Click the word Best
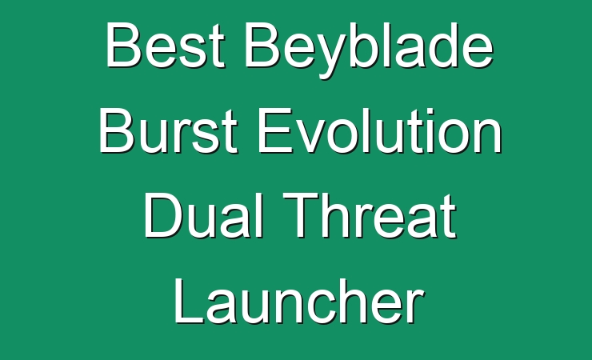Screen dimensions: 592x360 [x=166, y=45]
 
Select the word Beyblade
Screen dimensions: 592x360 [x=369, y=50]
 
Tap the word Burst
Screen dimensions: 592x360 [x=168, y=130]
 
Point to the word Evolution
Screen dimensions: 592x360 [x=379, y=130]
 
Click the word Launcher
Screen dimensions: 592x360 [x=298, y=301]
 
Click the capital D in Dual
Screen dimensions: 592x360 [x=162, y=215]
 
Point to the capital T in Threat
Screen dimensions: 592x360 [x=301, y=215]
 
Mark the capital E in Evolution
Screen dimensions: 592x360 [x=274, y=130]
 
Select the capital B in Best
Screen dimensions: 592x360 [x=124, y=46]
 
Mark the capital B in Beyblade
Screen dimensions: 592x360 [x=262, y=46]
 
